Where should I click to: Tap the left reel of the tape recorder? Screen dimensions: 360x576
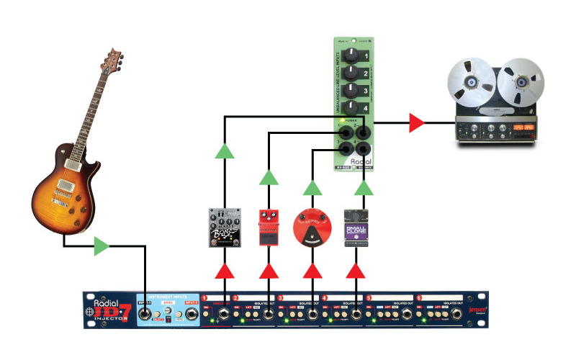coord(469,81)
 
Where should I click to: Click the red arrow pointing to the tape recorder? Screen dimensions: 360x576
coord(417,122)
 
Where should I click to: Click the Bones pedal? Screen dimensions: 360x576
coord(224,227)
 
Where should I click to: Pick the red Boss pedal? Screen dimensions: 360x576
coord(269,227)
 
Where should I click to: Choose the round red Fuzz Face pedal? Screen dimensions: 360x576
coord(312,228)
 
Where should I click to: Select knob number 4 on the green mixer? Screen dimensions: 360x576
coord(352,107)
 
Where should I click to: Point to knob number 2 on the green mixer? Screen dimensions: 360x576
coord(352,73)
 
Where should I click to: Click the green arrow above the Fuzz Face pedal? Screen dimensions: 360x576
coord(312,188)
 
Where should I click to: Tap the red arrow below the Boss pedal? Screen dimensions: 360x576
coord(269,271)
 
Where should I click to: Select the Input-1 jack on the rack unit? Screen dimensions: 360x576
coord(147,315)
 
